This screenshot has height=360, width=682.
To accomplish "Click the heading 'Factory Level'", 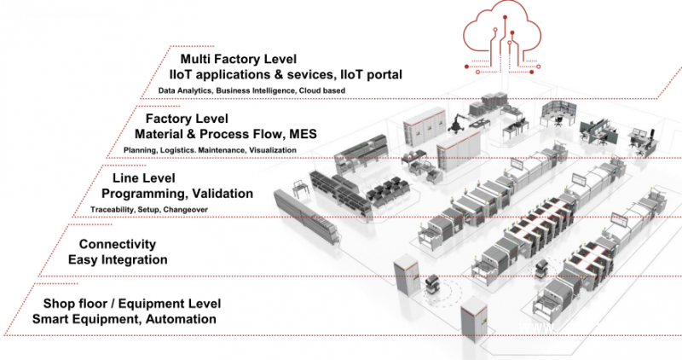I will pos(187,119).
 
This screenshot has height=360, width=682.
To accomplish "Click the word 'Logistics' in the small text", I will pos(181,150).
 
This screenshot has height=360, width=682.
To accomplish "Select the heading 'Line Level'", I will pos(144,178).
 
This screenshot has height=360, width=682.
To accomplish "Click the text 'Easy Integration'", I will pos(116,260).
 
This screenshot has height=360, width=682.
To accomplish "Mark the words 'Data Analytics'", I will pos(185,90).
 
